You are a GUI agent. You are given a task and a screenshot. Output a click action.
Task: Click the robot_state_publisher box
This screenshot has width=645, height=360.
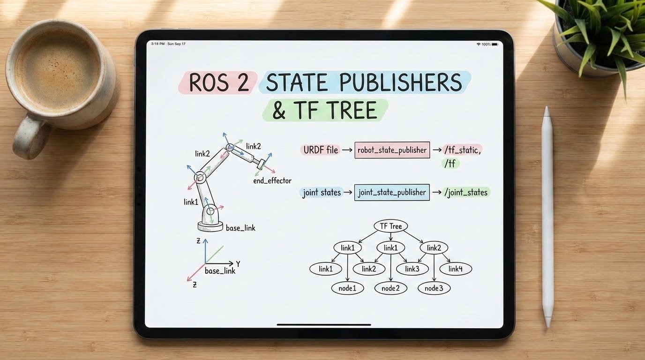click(392, 150)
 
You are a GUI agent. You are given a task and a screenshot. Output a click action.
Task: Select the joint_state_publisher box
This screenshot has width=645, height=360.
click(392, 192)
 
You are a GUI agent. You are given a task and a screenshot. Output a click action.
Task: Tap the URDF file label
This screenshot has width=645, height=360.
click(321, 150)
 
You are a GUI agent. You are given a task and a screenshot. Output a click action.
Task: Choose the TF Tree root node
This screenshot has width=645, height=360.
click(391, 226)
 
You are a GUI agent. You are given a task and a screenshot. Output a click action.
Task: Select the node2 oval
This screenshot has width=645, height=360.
click(391, 288)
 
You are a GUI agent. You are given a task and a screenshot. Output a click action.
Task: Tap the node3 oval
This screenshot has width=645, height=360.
click(434, 288)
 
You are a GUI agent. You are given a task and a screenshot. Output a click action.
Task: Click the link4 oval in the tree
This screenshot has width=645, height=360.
click(456, 269)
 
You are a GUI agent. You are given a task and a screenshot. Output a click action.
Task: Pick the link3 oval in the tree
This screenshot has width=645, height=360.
click(412, 269)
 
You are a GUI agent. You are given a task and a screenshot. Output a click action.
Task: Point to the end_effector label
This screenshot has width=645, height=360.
click(272, 181)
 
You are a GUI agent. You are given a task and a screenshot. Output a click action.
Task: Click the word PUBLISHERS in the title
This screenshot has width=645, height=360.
click(401, 82)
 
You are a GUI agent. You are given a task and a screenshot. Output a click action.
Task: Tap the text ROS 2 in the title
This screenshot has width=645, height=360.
click(218, 82)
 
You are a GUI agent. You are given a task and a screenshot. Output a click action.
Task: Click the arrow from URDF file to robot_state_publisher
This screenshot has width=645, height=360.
click(347, 150)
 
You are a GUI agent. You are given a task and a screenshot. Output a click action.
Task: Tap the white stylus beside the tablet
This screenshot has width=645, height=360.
click(547, 217)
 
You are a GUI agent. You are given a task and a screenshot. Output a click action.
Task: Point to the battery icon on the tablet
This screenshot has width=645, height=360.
click(495, 45)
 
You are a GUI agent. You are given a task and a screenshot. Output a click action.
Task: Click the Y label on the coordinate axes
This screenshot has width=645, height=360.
click(238, 263)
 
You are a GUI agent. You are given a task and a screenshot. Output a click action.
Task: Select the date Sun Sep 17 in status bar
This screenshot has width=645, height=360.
click(176, 44)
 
